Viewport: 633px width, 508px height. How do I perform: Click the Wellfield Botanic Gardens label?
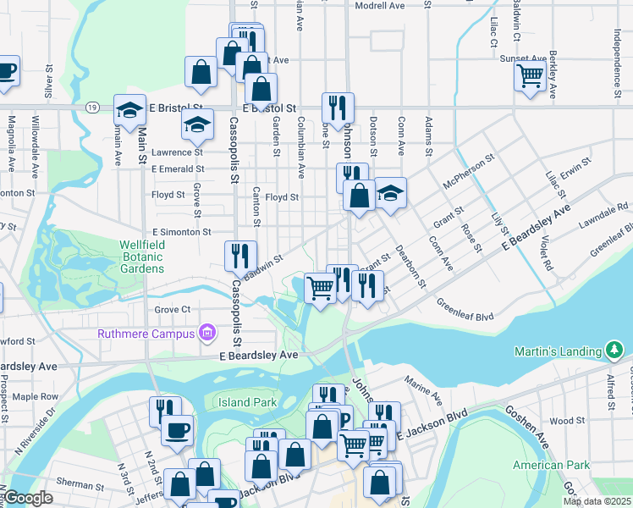pyautogui.click(x=141, y=257)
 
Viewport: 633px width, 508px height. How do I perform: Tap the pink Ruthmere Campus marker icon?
pyautogui.click(x=206, y=333)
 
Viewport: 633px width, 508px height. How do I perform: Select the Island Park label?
pyautogui.click(x=246, y=401)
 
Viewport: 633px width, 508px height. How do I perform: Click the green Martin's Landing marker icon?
pyautogui.click(x=614, y=350)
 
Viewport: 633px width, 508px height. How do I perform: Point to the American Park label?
pyautogui.click(x=550, y=465)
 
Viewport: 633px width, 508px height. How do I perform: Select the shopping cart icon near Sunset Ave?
pyautogui.click(x=530, y=76)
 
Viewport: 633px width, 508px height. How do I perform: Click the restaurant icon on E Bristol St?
pyautogui.click(x=338, y=107)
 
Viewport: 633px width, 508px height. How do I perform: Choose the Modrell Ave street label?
pyautogui.click(x=381, y=5)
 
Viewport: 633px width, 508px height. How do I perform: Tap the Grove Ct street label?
pyautogui.click(x=173, y=310)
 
